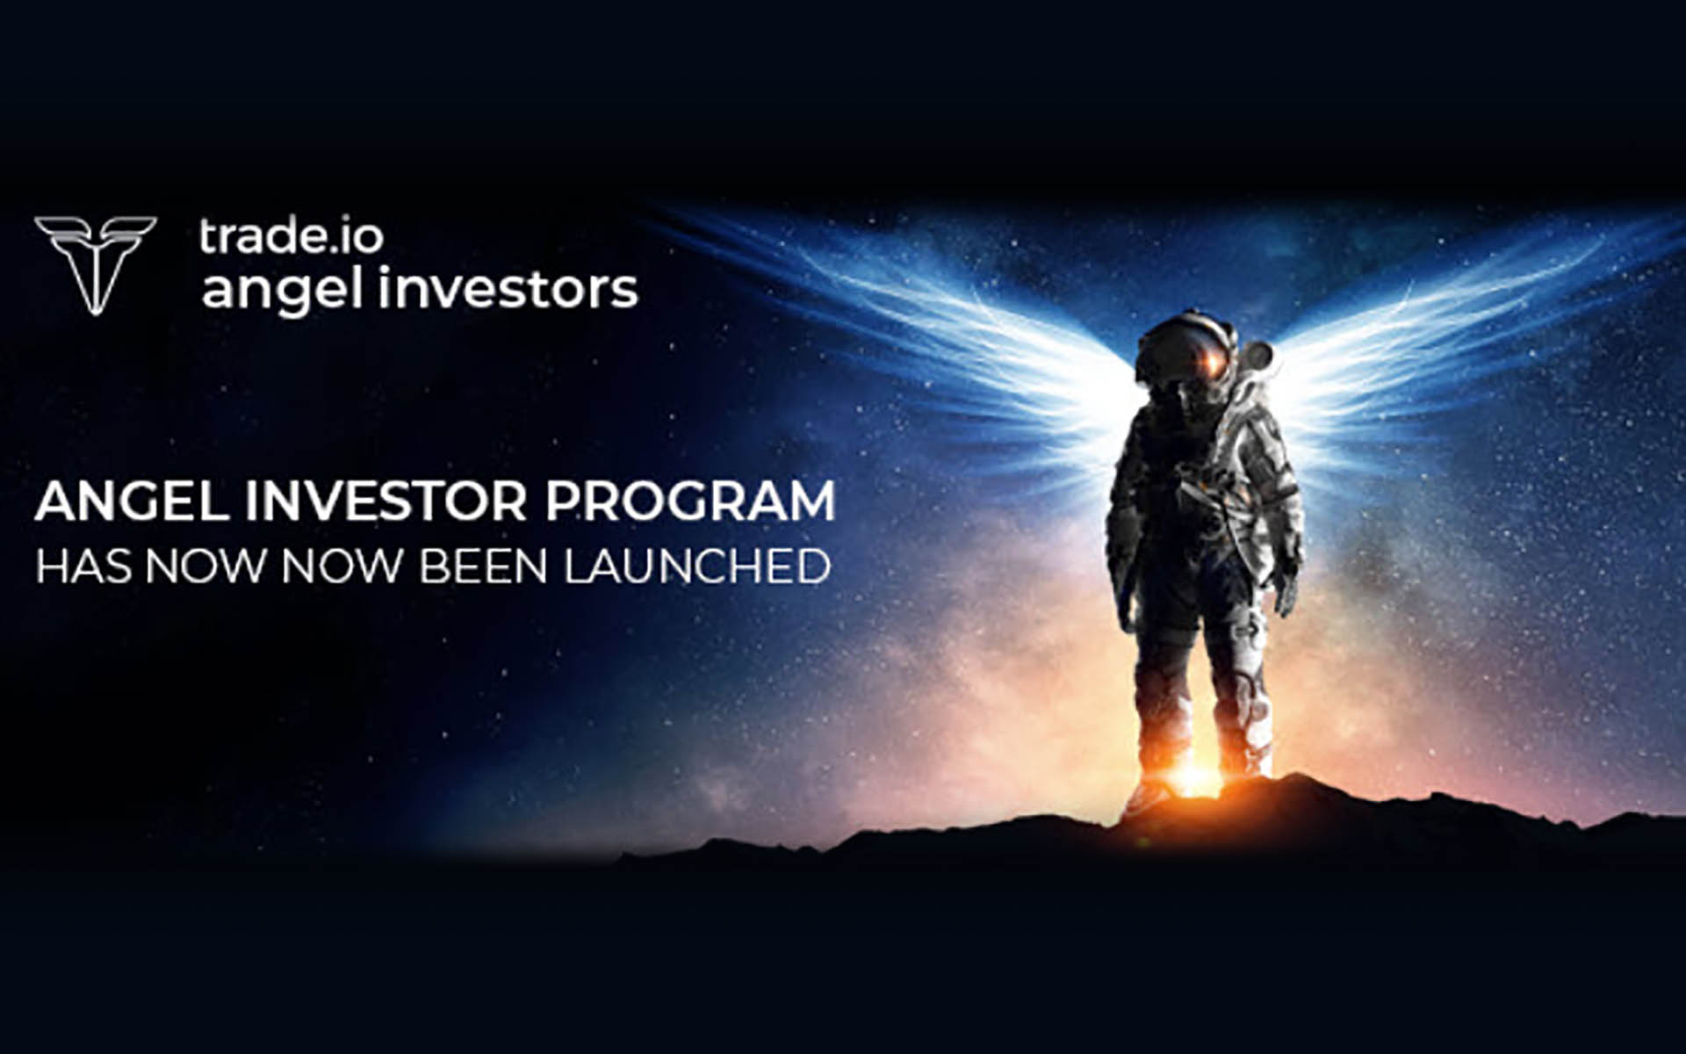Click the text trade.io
point(291,237)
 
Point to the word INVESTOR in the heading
point(385,502)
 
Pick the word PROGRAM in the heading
point(689,502)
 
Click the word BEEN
point(483,567)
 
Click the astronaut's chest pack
point(1199,492)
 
